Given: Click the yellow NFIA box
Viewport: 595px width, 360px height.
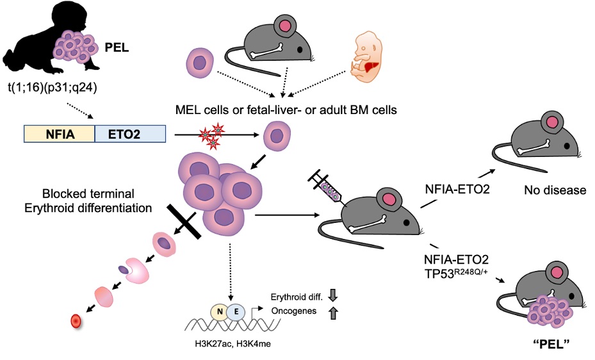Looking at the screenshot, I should [59, 133].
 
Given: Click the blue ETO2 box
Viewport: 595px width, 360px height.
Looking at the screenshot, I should [130, 133].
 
